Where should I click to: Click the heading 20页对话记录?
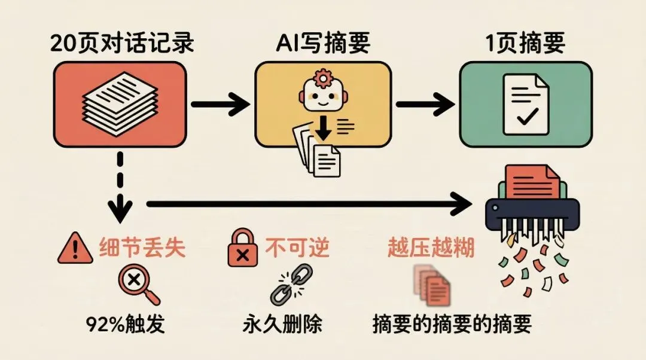tap(123, 43)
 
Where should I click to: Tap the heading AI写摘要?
tap(323, 43)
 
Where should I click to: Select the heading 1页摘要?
tap(525, 43)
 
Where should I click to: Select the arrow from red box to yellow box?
tap(220, 104)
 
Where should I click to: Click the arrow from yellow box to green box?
tap(424, 104)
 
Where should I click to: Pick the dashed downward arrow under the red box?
tap(121, 185)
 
